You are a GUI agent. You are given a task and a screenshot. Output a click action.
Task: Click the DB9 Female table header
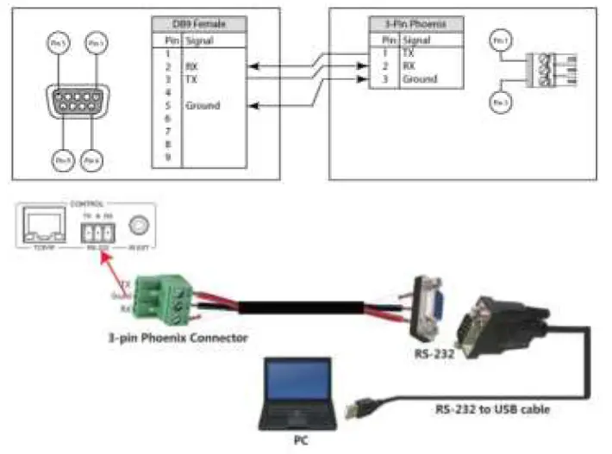click(x=199, y=25)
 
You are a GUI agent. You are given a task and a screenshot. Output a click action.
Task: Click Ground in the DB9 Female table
click(x=203, y=106)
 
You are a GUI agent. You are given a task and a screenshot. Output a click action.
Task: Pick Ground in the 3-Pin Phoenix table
click(x=419, y=79)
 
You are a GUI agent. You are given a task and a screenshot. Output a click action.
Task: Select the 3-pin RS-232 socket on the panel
click(x=96, y=231)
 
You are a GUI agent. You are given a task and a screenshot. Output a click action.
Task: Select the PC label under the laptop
click(x=298, y=438)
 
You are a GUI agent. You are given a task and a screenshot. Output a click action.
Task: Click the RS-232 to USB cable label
click(x=492, y=409)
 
